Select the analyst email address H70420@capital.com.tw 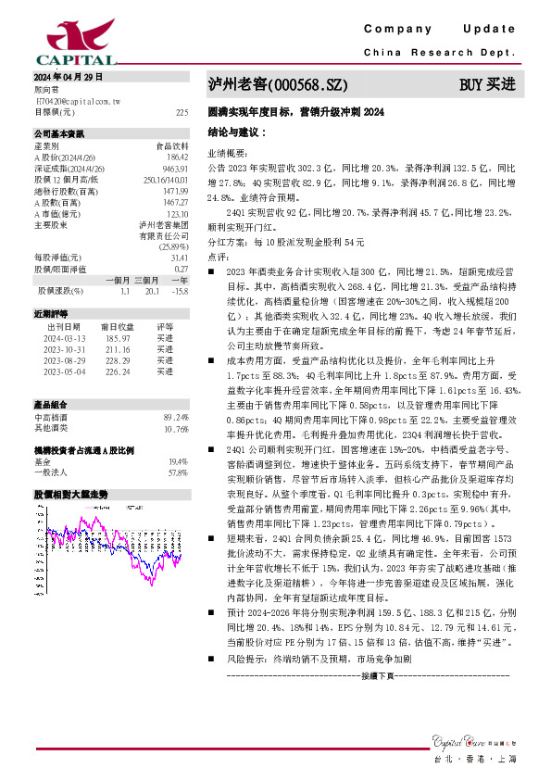pos(78,99)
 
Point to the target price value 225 pos(182,111)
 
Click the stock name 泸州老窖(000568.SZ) pos(278,84)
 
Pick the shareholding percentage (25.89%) pos(172,245)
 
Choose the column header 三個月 pos(146,280)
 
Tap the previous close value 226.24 pos(116,371)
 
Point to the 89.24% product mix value pos(176,418)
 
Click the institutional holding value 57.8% pos(177,472)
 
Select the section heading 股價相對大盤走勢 pos(71,495)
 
